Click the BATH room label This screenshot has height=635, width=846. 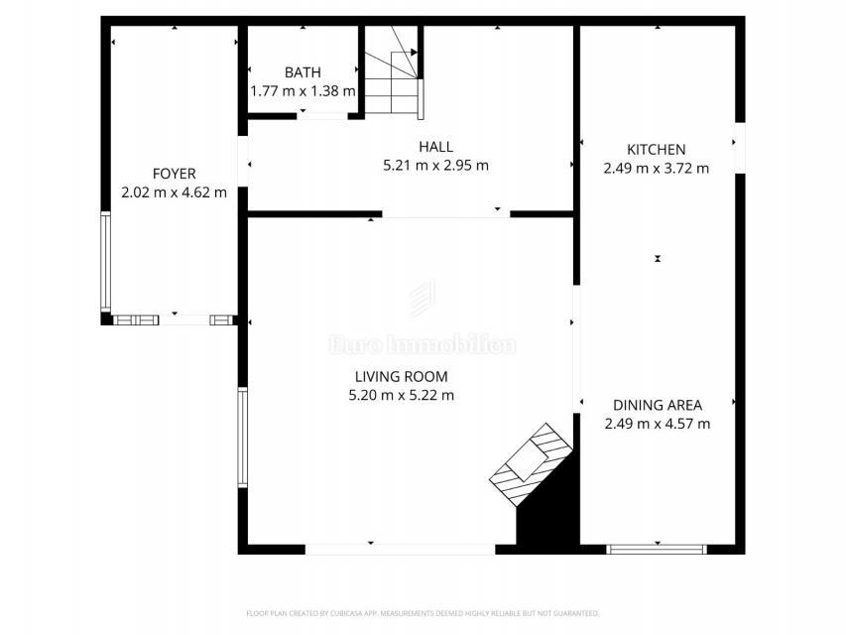pos(302,72)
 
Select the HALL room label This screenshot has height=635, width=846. pos(435,147)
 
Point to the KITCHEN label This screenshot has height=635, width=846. pos(656,150)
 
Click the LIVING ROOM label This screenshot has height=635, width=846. pos(401,376)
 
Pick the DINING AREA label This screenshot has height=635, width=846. pos(657,405)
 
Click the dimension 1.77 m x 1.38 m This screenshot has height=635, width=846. pos(302,91)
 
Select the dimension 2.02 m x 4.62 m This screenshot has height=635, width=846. pos(174,192)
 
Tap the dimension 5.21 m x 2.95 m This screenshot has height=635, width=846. pos(435,166)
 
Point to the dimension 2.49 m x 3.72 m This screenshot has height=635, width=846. pos(656,169)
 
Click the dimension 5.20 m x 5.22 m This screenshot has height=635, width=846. pos(401,395)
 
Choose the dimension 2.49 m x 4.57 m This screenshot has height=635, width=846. pos(657,424)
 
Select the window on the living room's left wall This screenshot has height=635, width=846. pos(242,437)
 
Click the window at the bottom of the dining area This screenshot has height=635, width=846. pos(657,548)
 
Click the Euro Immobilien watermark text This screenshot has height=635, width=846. pos(422,345)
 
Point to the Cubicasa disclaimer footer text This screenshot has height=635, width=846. pos(423,612)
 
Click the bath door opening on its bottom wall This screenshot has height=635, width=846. pos(321,117)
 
